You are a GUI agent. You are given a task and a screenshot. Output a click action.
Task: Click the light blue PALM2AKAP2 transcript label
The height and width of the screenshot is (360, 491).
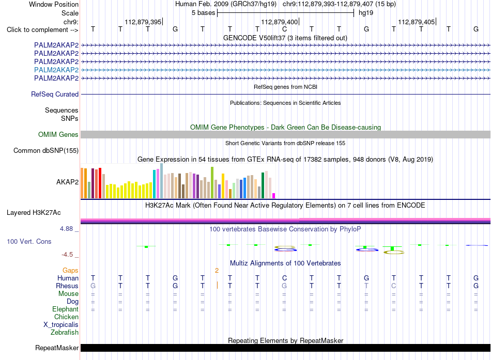coord(56,70)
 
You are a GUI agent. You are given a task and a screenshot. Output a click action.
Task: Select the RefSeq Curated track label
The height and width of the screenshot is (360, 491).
coord(55,94)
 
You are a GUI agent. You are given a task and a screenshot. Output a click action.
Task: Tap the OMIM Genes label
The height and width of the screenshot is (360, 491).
coord(58,135)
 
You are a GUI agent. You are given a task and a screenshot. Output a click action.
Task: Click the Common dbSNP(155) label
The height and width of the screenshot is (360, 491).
coord(46,151)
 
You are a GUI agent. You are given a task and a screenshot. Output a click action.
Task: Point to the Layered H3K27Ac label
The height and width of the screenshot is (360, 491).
coord(34,213)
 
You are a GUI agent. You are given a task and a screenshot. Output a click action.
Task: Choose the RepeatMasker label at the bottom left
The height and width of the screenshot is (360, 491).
coord(57,348)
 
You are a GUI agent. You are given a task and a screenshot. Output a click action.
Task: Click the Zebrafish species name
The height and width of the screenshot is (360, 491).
coord(65,333)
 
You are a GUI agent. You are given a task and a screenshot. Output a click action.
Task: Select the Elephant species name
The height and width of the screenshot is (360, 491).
coord(66,309)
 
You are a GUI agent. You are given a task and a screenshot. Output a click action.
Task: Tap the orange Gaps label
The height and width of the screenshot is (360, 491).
coord(70,271)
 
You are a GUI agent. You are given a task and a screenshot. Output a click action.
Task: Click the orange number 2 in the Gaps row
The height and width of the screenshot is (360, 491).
coord(217,271)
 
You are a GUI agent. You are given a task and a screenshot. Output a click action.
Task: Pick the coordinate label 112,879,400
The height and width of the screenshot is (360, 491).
coord(280,22)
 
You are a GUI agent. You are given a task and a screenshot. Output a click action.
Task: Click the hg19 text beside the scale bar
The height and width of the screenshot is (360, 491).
coord(366,13)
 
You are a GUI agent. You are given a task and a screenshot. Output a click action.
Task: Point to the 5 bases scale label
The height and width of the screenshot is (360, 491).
coord(204,13)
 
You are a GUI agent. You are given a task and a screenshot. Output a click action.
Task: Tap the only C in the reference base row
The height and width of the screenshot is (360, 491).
coord(284,29)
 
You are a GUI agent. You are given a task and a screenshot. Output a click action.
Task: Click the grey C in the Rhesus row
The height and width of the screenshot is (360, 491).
coord(394,286)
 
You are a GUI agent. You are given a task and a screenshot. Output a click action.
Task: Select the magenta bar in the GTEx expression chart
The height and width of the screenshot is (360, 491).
coord(274,196)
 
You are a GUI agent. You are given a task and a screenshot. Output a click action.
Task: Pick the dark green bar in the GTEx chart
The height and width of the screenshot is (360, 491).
coord(263,185)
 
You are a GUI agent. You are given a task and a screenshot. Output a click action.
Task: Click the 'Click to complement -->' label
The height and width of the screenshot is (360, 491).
coord(42,30)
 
